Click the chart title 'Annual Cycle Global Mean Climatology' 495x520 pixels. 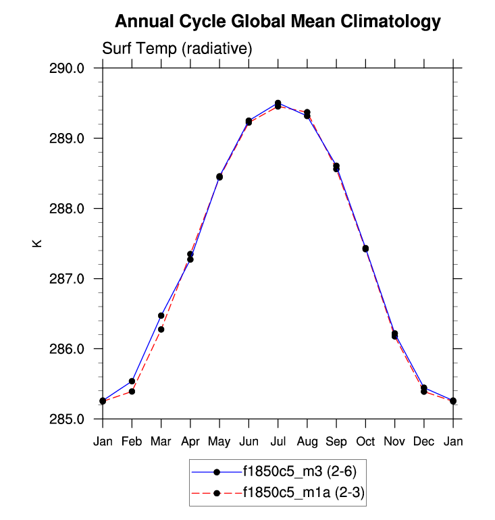tap(278, 22)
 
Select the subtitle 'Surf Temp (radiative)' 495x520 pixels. tap(177, 49)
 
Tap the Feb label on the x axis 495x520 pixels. tap(132, 442)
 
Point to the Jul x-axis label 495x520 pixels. tap(278, 442)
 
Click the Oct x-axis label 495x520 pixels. tap(365, 442)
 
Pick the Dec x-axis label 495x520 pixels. tap(423, 442)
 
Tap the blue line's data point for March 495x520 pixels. tap(161, 315)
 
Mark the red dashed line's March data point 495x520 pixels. tap(161, 330)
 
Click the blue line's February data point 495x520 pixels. tap(132, 382)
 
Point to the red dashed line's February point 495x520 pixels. tap(132, 392)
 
